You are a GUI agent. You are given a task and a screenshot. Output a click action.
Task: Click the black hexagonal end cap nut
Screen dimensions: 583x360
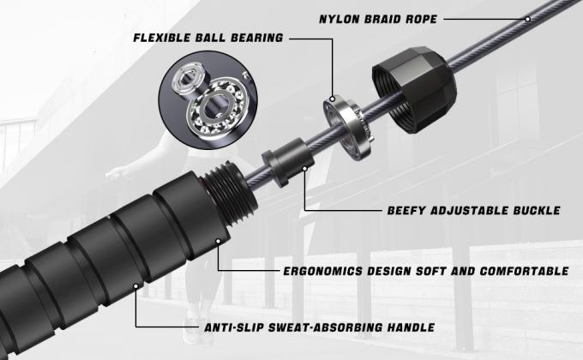click(414, 90)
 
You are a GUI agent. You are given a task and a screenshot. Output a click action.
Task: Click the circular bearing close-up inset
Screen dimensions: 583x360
click(207, 100)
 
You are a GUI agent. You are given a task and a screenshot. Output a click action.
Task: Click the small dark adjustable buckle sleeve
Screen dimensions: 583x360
click(288, 162)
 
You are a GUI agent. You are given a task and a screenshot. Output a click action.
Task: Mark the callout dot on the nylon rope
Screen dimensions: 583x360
click(527, 19)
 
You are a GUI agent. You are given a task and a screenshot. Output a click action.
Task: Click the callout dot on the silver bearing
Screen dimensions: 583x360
click(332, 99)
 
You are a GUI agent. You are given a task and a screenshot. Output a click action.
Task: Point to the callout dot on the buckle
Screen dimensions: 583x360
click(305, 169)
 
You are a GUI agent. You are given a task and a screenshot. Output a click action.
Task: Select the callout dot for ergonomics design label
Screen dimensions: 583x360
click(219, 242)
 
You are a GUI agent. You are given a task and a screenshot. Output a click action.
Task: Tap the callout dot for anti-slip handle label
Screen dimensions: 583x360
click(136, 286)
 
